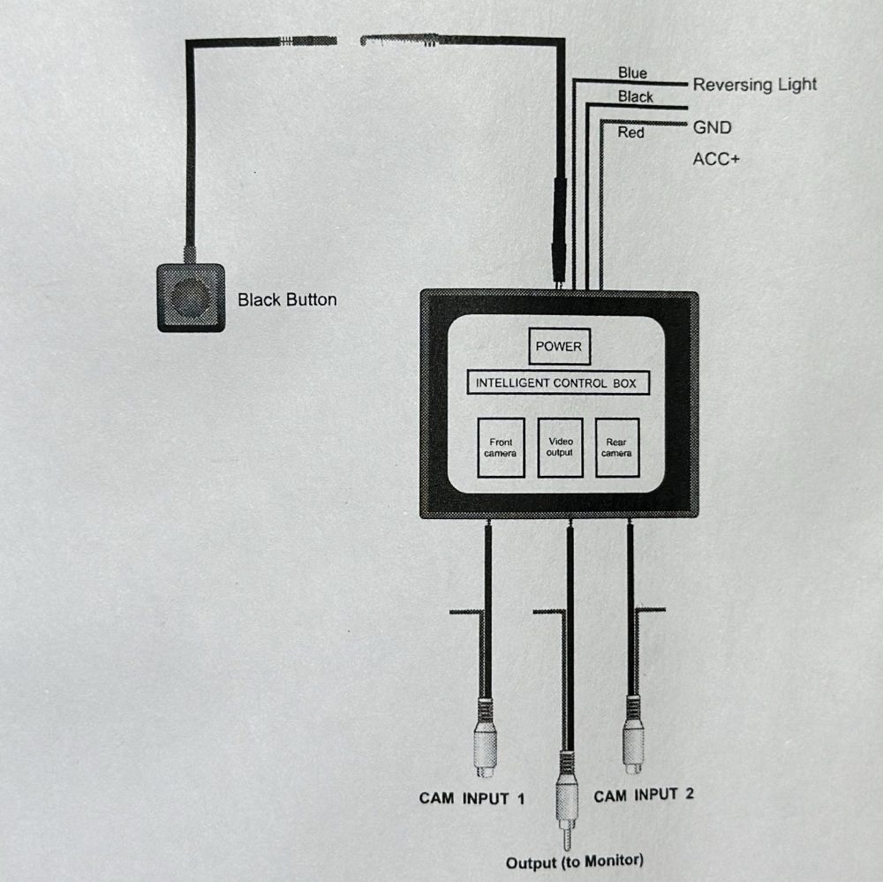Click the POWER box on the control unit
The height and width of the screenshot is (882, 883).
pyautogui.click(x=559, y=346)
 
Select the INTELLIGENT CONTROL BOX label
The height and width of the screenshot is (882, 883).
pyautogui.click(x=558, y=383)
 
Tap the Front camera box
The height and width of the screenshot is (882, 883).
pyautogui.click(x=501, y=448)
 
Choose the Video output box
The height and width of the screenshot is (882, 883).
pyautogui.click(x=560, y=448)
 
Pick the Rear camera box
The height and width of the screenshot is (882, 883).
pyautogui.click(x=617, y=448)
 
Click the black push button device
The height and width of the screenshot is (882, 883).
pyautogui.click(x=191, y=298)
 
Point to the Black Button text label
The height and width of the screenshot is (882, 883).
pyautogui.click(x=287, y=299)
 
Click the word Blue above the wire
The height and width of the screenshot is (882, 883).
pyautogui.click(x=632, y=72)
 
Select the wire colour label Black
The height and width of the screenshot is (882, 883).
pyautogui.click(x=635, y=97)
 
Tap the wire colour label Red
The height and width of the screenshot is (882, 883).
pyautogui.click(x=630, y=132)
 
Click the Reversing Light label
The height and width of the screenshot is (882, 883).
pyautogui.click(x=755, y=85)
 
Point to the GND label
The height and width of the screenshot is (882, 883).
pyautogui.click(x=712, y=128)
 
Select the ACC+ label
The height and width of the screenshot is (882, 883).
pyautogui.click(x=716, y=160)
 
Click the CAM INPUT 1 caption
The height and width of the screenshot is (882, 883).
pyautogui.click(x=472, y=798)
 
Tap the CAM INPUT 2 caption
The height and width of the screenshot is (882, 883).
pyautogui.click(x=644, y=795)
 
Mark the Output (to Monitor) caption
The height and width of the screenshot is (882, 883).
pyautogui.click(x=575, y=862)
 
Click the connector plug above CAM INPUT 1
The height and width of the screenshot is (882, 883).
pyautogui.click(x=485, y=738)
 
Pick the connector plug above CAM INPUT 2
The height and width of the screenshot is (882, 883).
pyautogui.click(x=633, y=735)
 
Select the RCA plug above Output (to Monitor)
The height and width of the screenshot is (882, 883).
pyautogui.click(x=567, y=800)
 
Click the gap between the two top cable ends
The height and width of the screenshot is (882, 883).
pyautogui.click(x=349, y=41)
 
